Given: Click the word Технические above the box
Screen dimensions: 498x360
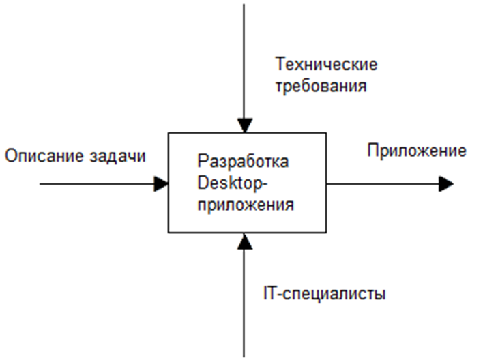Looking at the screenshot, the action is (326, 65).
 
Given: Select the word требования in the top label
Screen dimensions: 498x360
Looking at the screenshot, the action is (321, 87).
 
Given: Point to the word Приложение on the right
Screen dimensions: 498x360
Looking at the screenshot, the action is (417, 151).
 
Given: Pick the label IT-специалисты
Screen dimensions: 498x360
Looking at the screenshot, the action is (324, 295).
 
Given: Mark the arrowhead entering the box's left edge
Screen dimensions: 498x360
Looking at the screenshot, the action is (162, 183).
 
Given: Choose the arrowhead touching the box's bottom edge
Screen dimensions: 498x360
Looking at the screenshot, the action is (244, 240).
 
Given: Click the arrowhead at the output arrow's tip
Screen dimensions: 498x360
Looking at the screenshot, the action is (446, 183).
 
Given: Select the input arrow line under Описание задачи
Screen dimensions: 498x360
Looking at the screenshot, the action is (96, 183).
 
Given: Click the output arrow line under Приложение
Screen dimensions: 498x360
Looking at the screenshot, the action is (382, 183).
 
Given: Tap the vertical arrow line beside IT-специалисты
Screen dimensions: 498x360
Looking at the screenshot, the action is (244, 300).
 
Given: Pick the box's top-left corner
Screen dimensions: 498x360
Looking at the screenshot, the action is (169, 134).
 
